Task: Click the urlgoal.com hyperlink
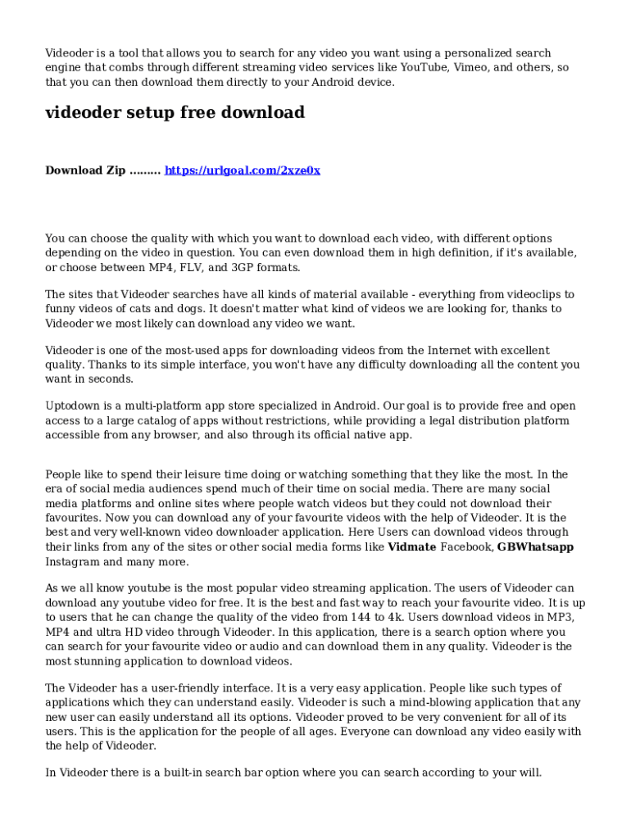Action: coord(243,170)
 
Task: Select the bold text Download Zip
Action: coord(85,170)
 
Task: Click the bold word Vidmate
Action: coord(411,547)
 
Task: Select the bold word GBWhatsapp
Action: coord(535,547)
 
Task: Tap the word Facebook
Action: coord(467,547)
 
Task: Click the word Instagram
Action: coord(72,562)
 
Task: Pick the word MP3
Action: coord(558,617)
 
